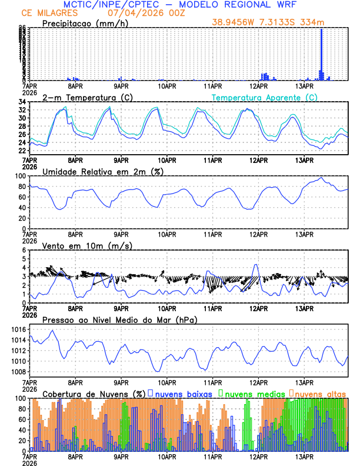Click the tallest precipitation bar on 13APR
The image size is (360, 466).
tap(321, 53)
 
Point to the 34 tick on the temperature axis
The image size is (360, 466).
tap(21, 102)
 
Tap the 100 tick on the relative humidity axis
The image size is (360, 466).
tap(19, 176)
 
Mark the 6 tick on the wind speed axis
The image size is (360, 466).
tap(24, 250)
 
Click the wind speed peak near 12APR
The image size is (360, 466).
tap(255, 265)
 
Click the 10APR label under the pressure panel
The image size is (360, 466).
tap(167, 382)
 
